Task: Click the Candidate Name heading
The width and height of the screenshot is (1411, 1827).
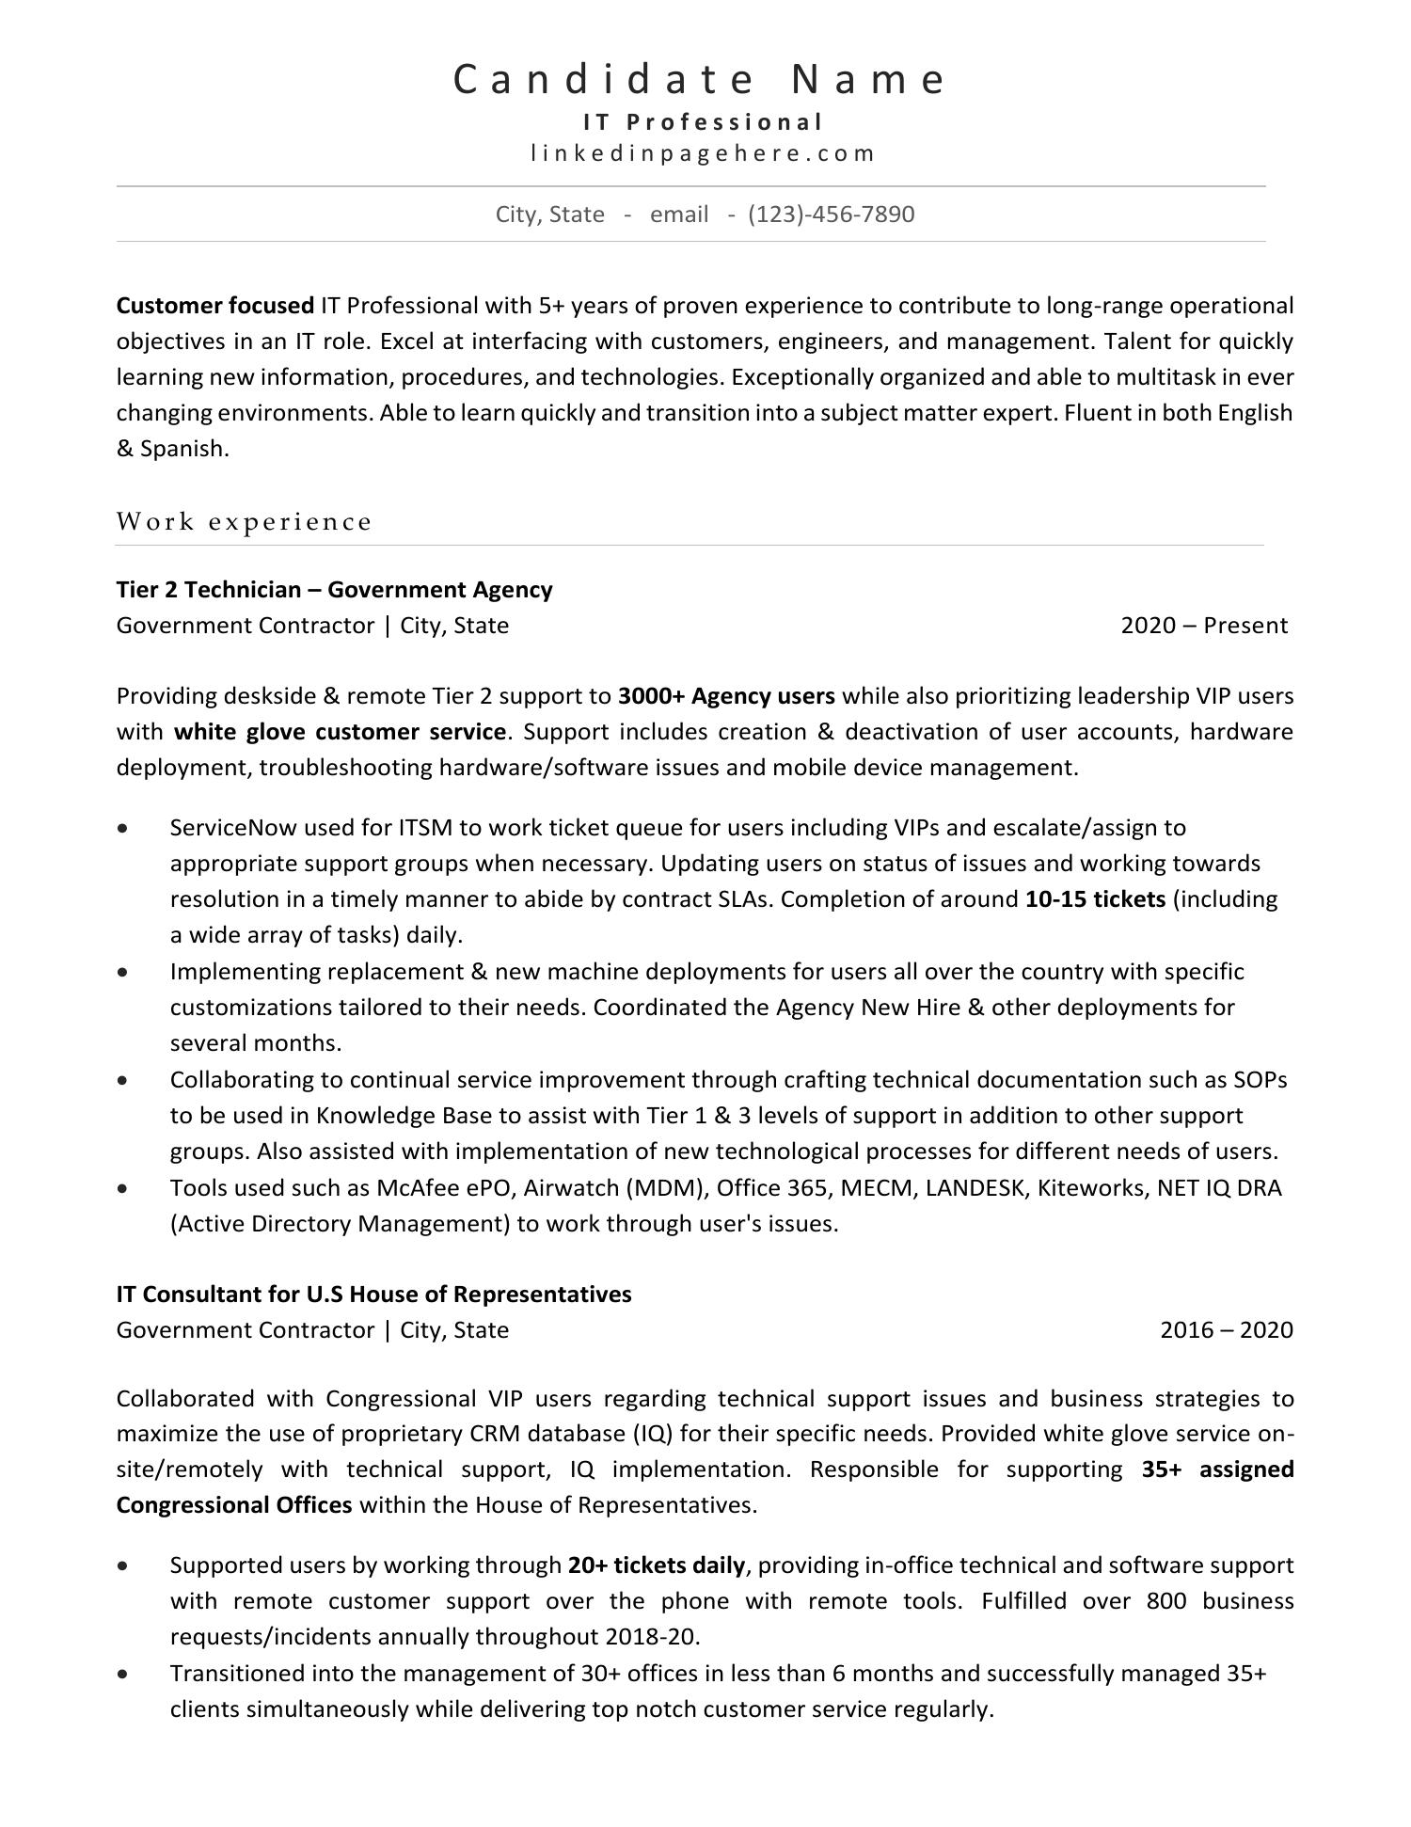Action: coord(700,80)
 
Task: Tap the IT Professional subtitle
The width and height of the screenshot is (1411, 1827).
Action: coord(703,122)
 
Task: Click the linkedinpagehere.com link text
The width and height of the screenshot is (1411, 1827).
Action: coord(703,153)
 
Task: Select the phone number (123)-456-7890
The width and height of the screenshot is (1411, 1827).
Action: coord(831,214)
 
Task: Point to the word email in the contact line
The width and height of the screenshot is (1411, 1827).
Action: coord(678,214)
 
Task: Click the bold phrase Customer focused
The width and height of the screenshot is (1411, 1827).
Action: coord(214,306)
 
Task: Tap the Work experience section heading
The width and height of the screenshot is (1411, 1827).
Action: coord(245,521)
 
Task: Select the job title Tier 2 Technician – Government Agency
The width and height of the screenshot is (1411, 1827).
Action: coord(334,590)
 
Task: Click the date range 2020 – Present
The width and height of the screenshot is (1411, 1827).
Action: coord(1203,626)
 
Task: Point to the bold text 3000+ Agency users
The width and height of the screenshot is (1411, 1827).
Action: coord(726,696)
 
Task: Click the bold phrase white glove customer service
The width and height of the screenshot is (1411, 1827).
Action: coord(340,732)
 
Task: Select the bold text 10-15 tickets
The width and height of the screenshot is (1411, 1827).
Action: coord(1095,899)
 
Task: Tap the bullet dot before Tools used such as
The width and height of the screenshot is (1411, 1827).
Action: coord(123,1188)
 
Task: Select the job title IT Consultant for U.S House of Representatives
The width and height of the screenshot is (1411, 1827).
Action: coord(373,1295)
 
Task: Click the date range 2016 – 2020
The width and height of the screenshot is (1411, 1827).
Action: coord(1226,1330)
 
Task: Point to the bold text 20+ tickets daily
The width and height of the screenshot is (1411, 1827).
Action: coord(656,1565)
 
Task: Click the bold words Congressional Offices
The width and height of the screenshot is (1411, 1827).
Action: coord(233,1505)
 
